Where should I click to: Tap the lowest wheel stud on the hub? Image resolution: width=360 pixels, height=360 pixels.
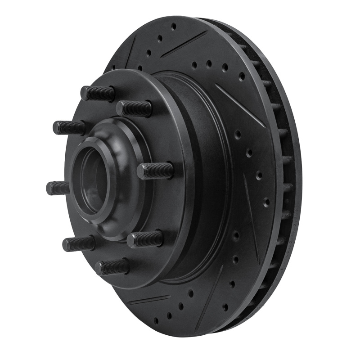click(x=112, y=268)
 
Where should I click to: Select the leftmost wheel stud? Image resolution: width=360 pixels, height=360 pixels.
click(x=58, y=188)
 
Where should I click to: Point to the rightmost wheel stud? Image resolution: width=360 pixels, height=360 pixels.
click(x=155, y=171)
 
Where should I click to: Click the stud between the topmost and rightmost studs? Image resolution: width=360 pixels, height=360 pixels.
click(x=134, y=108)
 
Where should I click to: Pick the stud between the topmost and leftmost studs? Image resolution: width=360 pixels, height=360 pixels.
click(x=69, y=127)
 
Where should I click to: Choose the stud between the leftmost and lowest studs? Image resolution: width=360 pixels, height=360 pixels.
click(x=78, y=243)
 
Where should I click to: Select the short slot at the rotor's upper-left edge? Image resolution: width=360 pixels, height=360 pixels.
click(x=127, y=53)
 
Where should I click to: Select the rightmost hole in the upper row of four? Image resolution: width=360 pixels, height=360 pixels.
click(x=242, y=76)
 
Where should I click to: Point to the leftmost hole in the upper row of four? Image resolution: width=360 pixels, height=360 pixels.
click(x=194, y=65)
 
